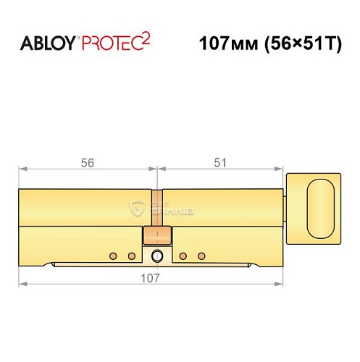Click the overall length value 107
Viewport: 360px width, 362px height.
click(148, 277)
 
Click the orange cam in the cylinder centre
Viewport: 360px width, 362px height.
click(157, 235)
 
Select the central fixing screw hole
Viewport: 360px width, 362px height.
click(157, 256)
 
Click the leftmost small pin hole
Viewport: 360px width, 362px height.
click(113, 256)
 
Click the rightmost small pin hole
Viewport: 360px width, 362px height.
click(201, 256)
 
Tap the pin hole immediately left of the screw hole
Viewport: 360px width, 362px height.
click(131, 256)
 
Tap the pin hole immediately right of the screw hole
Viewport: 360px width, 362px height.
click(183, 256)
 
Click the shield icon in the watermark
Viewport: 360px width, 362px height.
click(138, 209)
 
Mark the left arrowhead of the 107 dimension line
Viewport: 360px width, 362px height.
click(22, 284)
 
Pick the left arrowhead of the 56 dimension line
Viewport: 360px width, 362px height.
click(22, 171)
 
